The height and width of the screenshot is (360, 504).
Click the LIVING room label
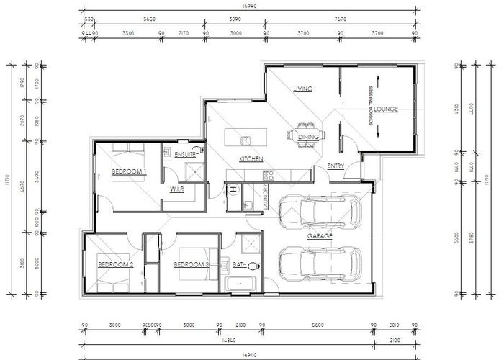(x=302, y=89)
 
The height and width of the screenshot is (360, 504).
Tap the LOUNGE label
(x=386, y=109)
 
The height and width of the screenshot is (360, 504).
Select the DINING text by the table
(x=308, y=137)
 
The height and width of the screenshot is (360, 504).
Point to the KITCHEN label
(x=251, y=158)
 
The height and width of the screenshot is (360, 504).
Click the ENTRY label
(x=336, y=166)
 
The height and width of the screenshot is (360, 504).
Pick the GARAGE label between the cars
(x=319, y=235)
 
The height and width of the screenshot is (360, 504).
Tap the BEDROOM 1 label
(x=130, y=171)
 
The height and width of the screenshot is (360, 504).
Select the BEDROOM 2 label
(x=116, y=265)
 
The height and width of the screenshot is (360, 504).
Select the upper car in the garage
(x=320, y=211)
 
